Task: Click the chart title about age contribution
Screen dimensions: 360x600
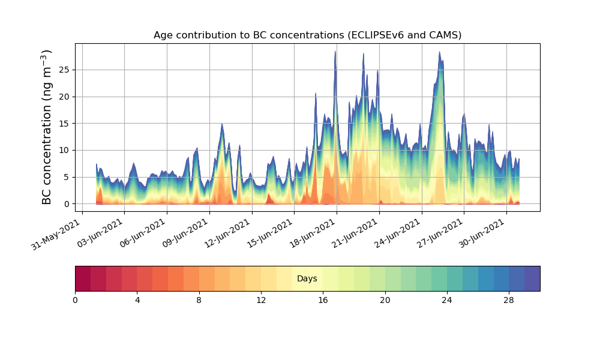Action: (307, 35)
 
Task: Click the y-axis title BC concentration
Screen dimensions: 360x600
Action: (47, 127)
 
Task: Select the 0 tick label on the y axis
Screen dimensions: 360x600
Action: (67, 204)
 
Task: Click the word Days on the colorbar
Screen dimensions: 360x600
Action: (307, 279)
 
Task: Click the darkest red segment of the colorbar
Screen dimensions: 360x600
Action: (83, 279)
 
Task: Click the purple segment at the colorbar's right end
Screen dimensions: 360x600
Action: (532, 279)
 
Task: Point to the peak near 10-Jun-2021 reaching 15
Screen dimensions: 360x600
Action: (222, 125)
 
